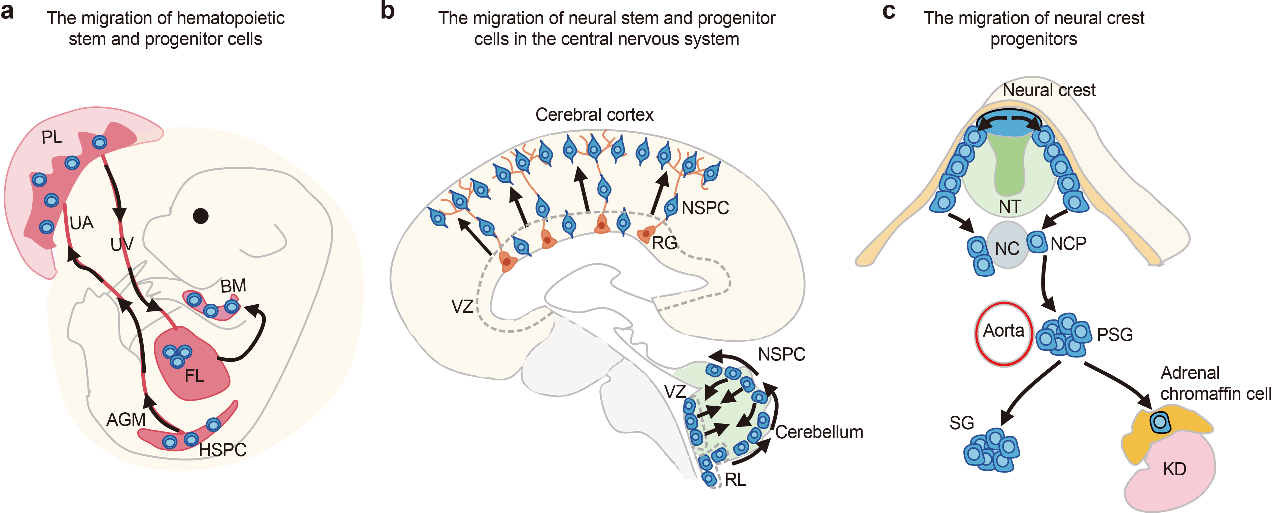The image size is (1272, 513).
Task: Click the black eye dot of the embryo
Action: (x=201, y=216)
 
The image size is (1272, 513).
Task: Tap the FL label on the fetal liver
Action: (x=194, y=376)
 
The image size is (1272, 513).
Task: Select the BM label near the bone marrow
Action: (x=233, y=286)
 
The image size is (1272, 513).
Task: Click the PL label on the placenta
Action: (x=52, y=137)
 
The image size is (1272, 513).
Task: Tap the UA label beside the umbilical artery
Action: (x=81, y=223)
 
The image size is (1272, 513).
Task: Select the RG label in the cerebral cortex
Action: (x=664, y=243)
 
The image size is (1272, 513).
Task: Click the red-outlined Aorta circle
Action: (x=1003, y=334)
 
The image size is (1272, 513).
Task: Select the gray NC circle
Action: (x=1007, y=245)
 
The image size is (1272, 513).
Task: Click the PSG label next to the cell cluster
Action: (x=1115, y=335)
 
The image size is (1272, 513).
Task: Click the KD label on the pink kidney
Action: (x=1174, y=469)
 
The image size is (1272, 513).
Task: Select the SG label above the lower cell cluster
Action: (x=961, y=423)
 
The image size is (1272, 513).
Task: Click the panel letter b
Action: (x=388, y=11)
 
